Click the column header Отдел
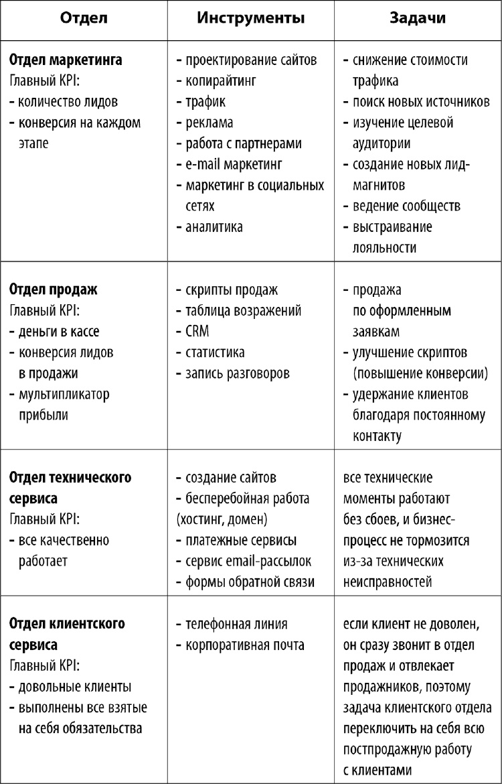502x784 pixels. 83,19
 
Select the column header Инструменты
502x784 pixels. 251,19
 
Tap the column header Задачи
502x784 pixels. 418,19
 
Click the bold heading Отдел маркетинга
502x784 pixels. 66,60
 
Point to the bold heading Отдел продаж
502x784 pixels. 53,289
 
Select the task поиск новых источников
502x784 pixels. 421,102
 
